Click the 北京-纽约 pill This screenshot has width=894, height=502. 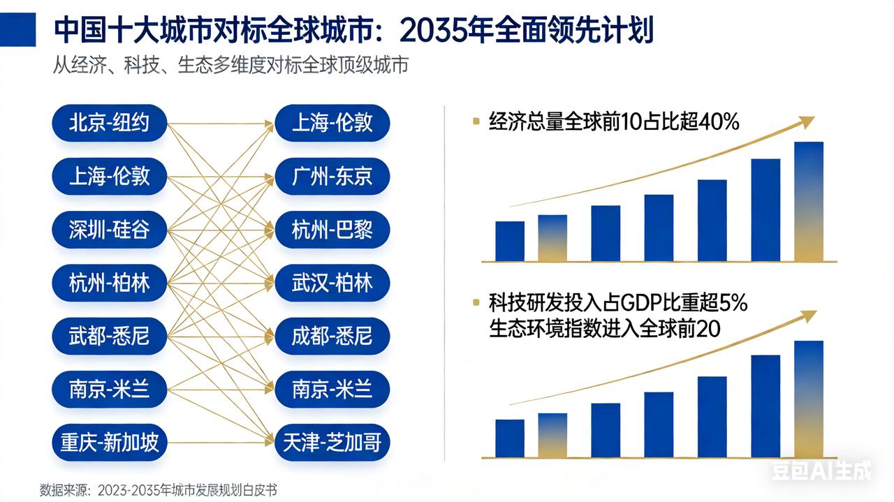click(110, 123)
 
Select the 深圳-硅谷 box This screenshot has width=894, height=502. click(110, 229)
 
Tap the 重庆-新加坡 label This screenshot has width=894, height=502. click(110, 442)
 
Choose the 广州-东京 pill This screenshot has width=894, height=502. click(332, 176)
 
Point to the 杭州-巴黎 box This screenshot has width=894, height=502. click(332, 229)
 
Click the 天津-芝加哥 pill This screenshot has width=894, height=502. click(332, 442)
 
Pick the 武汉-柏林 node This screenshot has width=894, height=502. click(332, 283)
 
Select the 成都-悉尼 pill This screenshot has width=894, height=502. click(332, 336)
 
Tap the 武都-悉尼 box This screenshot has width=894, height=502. click(110, 336)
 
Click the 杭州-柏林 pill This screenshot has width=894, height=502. click(110, 283)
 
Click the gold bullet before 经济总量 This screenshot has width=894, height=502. click(476, 122)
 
